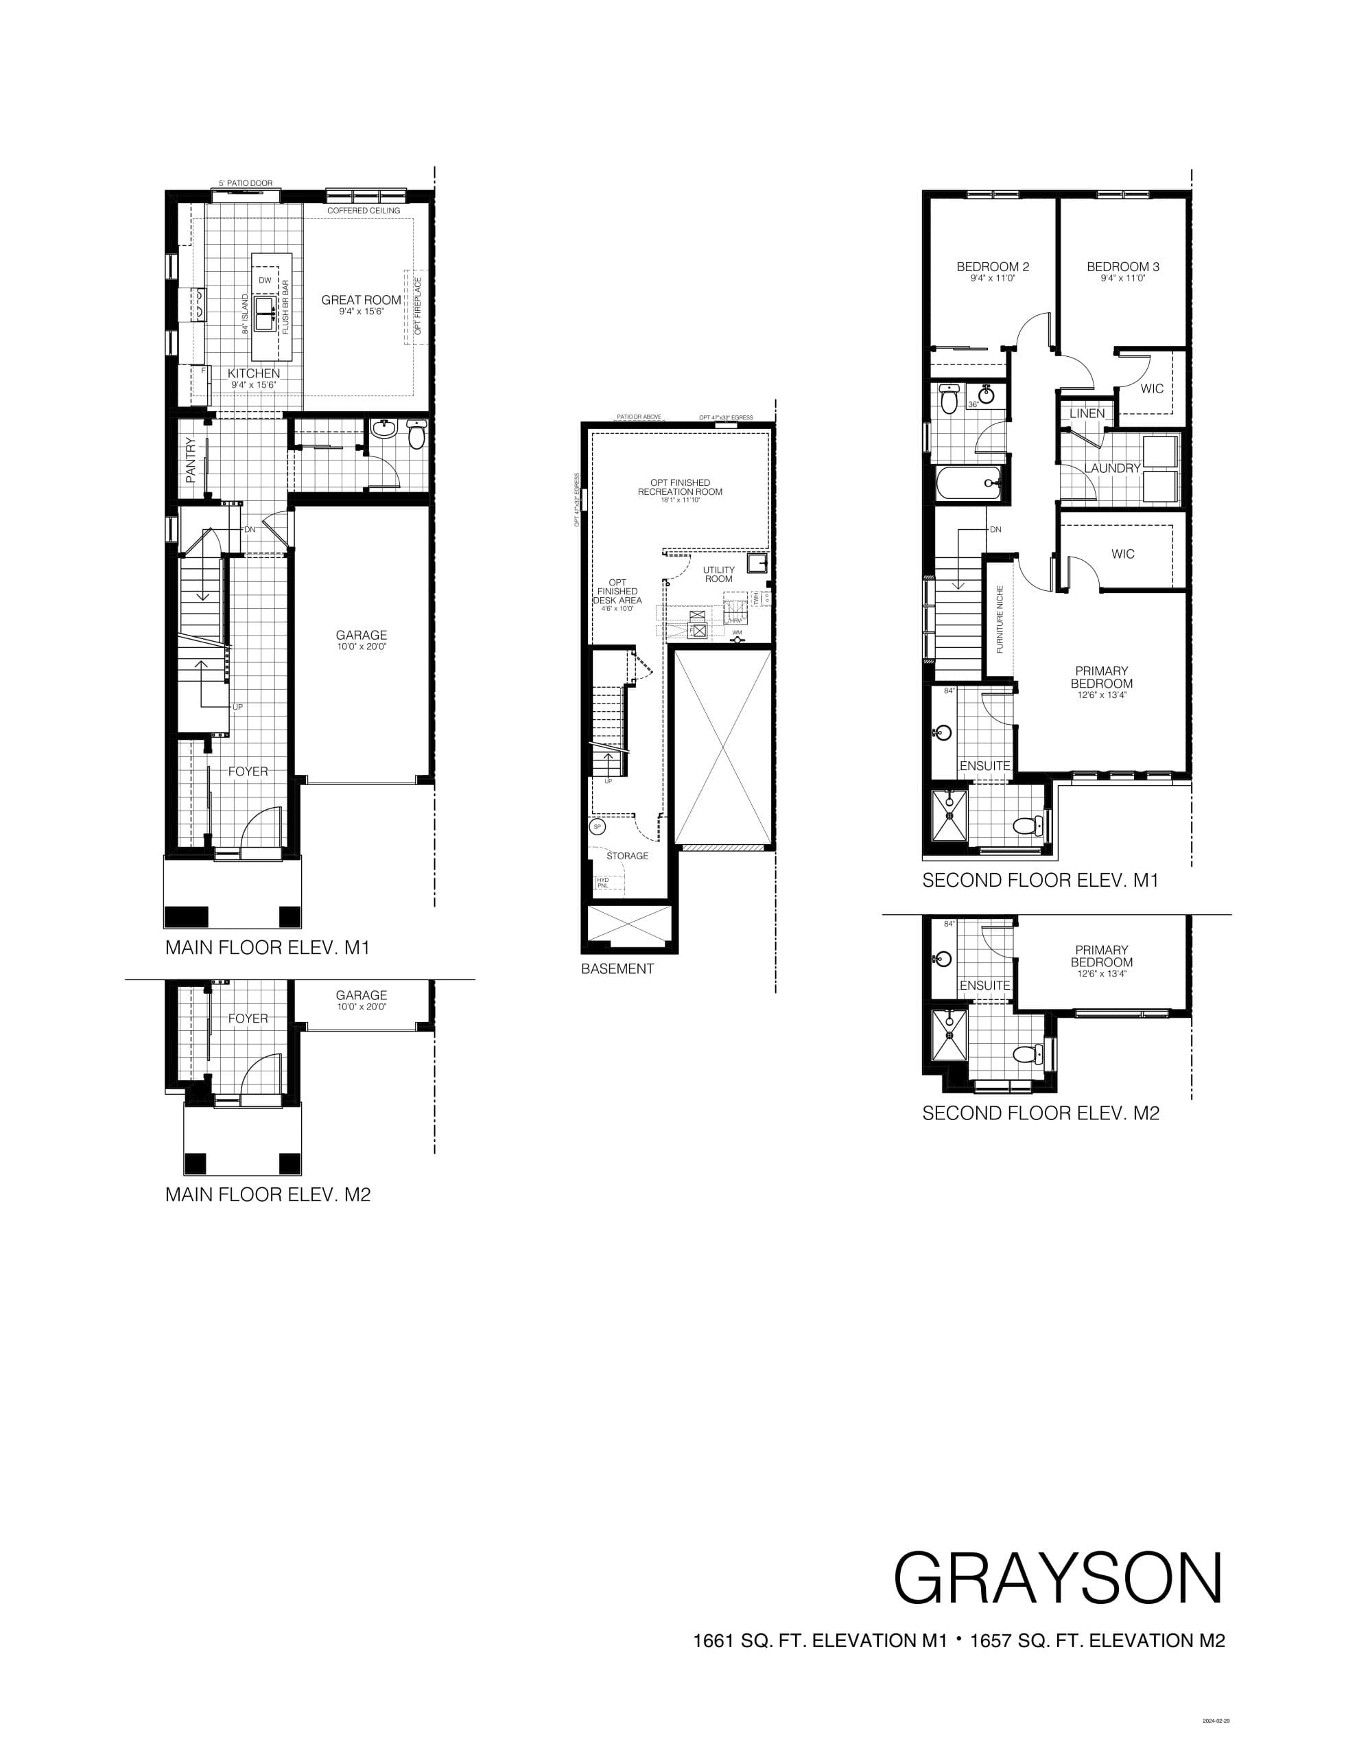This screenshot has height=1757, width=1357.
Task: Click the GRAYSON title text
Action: tap(1058, 1579)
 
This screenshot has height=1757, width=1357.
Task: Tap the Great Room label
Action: tap(361, 300)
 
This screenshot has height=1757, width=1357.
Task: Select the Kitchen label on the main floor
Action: tap(253, 373)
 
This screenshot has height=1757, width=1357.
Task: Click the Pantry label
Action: tap(191, 459)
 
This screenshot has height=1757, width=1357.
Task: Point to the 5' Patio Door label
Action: tap(246, 183)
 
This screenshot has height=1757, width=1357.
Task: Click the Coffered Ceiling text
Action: tap(363, 211)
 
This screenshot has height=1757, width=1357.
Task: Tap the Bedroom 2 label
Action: tap(993, 267)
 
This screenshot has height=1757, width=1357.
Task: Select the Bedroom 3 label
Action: tap(1123, 267)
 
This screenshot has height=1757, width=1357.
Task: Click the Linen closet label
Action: tap(1087, 413)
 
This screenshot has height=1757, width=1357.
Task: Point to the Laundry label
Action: tap(1111, 468)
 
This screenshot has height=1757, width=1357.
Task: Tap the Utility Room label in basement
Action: tap(718, 574)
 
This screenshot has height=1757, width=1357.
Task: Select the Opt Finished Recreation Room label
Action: tap(680, 487)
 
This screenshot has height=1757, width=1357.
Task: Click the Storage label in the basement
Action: tap(626, 856)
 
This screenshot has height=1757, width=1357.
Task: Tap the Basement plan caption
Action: tap(617, 968)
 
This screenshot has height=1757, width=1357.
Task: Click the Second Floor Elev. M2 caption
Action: tap(1040, 1113)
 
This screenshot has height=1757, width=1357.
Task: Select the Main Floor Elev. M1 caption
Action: tap(267, 948)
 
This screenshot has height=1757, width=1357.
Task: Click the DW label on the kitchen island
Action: tap(265, 280)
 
